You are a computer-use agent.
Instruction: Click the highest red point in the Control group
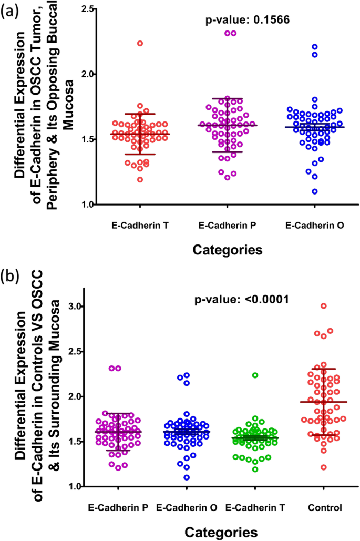click(x=324, y=306)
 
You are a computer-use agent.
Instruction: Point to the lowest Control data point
click(x=324, y=467)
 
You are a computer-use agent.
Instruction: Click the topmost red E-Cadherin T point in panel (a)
click(x=140, y=43)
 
